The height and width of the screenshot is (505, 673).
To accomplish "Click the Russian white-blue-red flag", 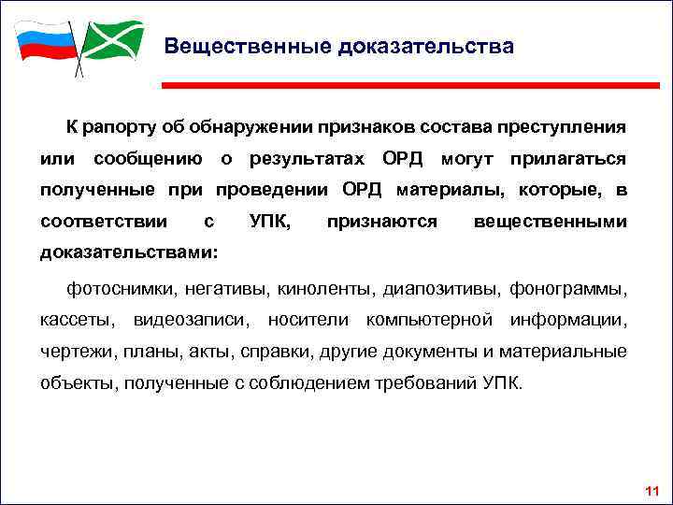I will pyautogui.click(x=43, y=43).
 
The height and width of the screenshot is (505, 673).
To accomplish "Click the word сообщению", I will pyautogui.click(x=148, y=158).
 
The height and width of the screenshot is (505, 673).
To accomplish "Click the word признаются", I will pyautogui.click(x=382, y=222).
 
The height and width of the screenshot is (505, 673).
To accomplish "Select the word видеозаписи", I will pyautogui.click(x=192, y=319).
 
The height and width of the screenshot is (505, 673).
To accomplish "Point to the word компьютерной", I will pyautogui.click(x=429, y=319).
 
